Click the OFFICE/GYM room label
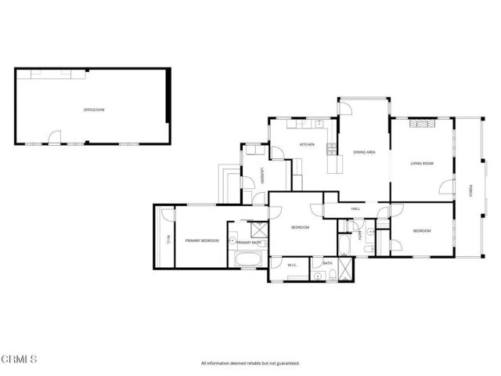pos(94,110)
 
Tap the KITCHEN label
pos(307,144)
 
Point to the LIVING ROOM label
pos(422,164)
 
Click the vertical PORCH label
pos(470,190)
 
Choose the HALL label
pos(355,208)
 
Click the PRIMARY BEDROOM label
pos(202,240)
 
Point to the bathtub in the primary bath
pos(248,259)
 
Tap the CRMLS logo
pos(20,360)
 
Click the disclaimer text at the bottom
pos(250,363)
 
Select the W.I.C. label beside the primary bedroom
pos(167,238)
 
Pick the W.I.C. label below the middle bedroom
pos(292,265)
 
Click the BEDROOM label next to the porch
pos(422,231)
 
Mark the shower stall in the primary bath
pos(259,229)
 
